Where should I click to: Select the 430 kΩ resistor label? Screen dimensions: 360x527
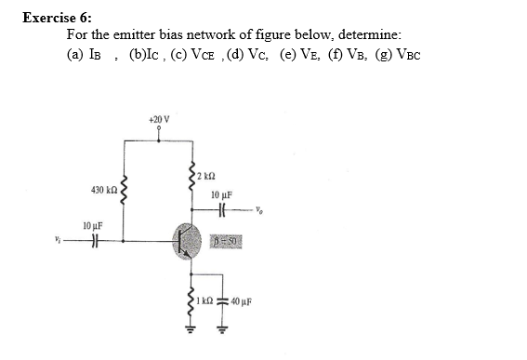tap(103, 190)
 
